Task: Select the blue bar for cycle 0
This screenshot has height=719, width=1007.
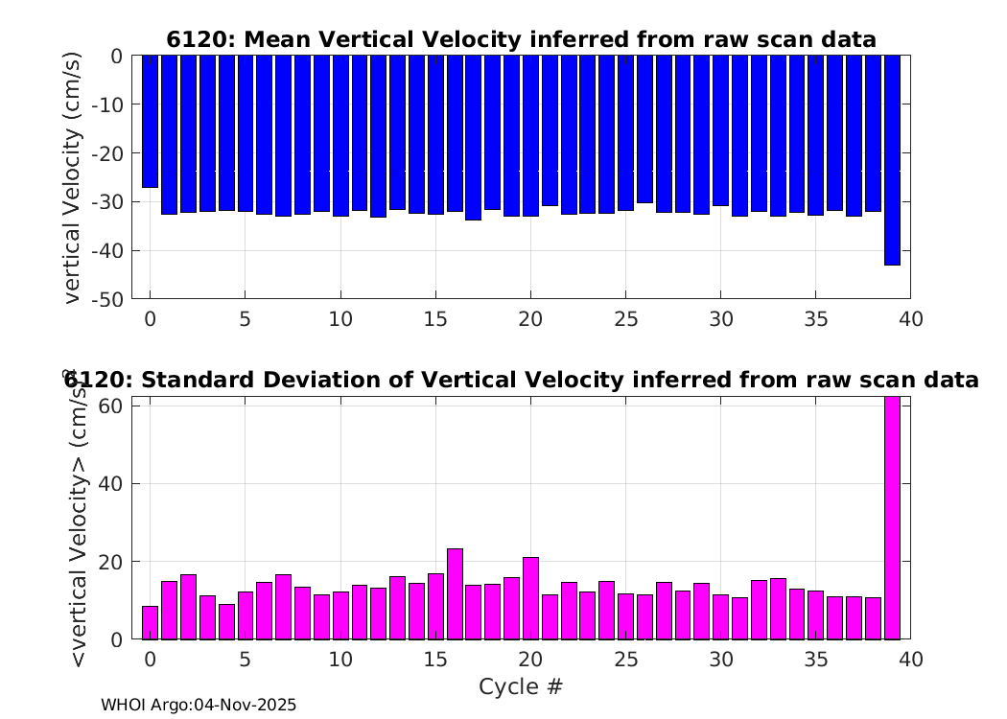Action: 150,121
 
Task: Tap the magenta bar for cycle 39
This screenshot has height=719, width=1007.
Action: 892,518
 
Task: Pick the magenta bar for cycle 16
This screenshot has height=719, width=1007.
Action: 455,593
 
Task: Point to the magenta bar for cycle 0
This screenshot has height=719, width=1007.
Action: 150,622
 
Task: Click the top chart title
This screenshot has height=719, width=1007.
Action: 521,39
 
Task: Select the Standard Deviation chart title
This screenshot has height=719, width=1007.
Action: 521,380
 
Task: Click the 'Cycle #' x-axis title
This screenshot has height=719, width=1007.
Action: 521,686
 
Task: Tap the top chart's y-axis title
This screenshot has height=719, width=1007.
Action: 74,177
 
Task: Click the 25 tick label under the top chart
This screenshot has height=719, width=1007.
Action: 625,318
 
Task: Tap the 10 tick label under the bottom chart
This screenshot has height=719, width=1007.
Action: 340,660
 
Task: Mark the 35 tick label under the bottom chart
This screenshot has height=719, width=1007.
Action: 816,660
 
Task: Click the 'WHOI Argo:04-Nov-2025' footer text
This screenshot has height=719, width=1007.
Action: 199,706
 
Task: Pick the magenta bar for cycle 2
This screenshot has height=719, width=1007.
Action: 188,606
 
